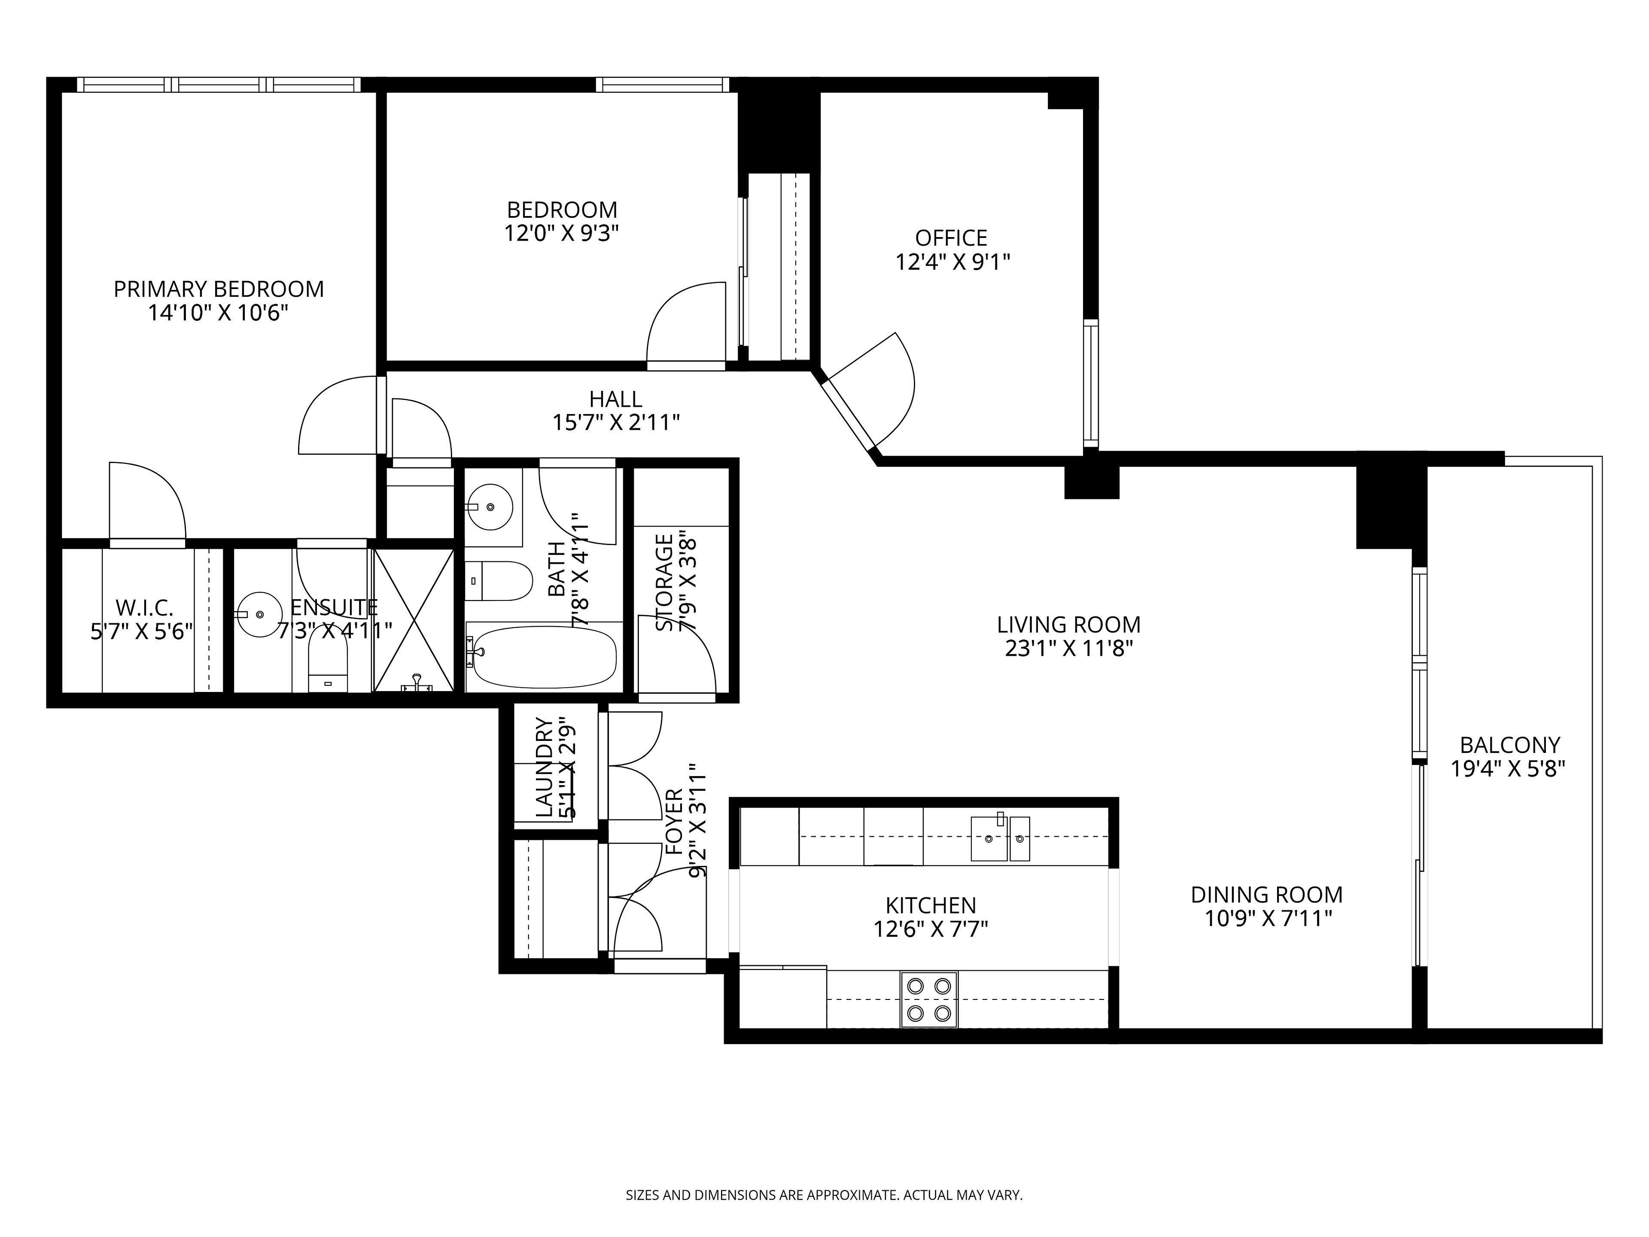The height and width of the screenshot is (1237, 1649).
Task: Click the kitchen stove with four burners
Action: click(929, 999)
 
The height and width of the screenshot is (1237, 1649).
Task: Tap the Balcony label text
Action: click(1509, 745)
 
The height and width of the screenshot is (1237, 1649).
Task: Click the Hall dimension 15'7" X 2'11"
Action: click(616, 423)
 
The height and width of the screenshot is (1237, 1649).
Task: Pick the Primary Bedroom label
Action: click(219, 289)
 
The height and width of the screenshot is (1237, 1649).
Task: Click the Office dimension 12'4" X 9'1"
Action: click(952, 262)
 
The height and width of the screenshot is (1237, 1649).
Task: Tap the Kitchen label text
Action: click(931, 905)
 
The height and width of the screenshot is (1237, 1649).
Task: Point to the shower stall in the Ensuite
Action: click(413, 620)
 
